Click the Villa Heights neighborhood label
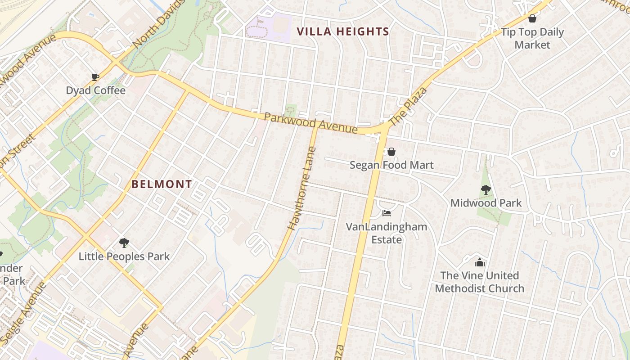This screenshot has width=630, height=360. click(x=343, y=31)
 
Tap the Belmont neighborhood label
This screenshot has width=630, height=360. click(x=162, y=184)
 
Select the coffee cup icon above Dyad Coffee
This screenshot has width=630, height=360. click(x=95, y=77)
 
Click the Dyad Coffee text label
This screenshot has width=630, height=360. click(x=95, y=90)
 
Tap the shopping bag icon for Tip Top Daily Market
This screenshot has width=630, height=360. click(x=532, y=18)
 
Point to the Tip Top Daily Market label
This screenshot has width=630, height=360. click(x=532, y=38)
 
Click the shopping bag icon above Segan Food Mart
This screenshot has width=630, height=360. click(x=391, y=152)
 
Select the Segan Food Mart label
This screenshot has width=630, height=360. click(x=391, y=165)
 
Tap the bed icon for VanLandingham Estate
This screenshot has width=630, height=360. click(x=386, y=213)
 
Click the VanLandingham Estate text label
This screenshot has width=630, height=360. click(x=386, y=233)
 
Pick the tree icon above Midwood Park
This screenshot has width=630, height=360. click(x=486, y=189)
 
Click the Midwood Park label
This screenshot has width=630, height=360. click(x=486, y=203)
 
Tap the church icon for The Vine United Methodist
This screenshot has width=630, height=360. click(x=480, y=262)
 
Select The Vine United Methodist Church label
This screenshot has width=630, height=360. click(x=480, y=282)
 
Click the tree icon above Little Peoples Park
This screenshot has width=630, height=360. click(x=124, y=243)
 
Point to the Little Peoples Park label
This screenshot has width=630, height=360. click(x=124, y=256)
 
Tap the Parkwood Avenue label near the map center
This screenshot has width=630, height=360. click(x=310, y=123)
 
